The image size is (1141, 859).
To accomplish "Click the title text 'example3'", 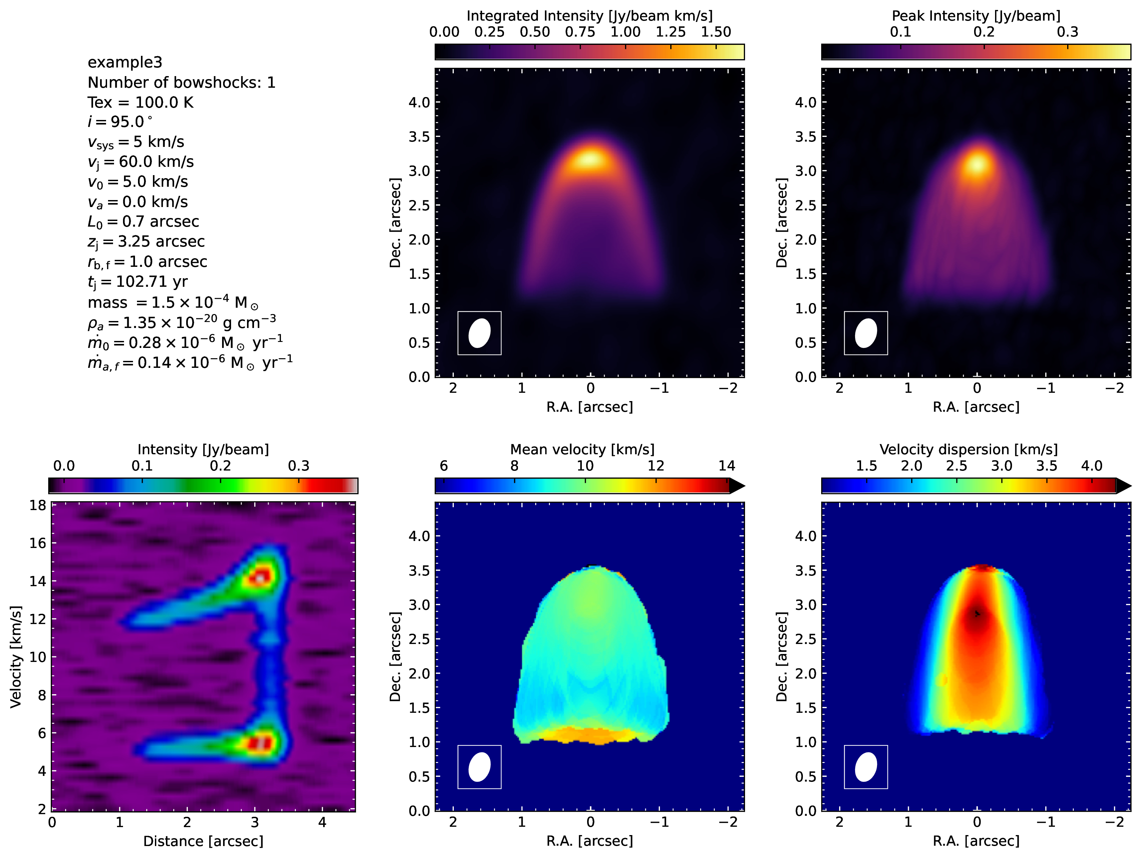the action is click(125, 62).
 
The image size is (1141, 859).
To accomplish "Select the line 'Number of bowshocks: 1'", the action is click(182, 82).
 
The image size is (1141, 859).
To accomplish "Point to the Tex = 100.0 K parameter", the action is click(140, 102).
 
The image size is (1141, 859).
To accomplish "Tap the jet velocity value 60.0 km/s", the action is click(156, 162).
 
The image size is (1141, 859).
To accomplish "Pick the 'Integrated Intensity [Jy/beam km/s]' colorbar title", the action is click(589, 16).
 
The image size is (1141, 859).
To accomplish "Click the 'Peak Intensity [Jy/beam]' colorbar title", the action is click(976, 16).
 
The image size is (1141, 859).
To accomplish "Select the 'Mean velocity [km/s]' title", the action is click(582, 450).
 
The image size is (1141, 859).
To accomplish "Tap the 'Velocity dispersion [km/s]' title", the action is click(968, 450).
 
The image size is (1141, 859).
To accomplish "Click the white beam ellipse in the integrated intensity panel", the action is click(479, 333).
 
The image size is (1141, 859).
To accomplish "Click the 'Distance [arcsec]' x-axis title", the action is click(203, 841).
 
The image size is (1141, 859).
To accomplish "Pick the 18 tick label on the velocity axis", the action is click(38, 505).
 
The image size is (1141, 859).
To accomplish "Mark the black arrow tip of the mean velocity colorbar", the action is click(745, 486).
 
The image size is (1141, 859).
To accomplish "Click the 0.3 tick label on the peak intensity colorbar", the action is click(1067, 32).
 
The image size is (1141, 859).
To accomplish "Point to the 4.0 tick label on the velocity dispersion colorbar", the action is click(1091, 466).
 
